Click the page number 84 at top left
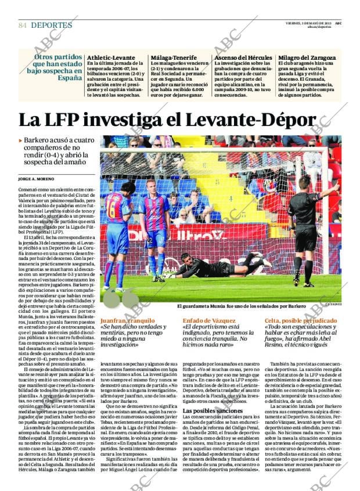23,26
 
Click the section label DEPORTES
52,26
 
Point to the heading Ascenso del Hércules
243,58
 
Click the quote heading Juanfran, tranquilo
127,320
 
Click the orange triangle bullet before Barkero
20,140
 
